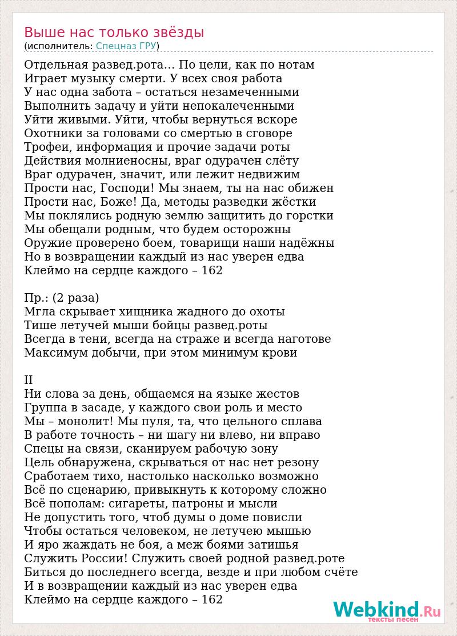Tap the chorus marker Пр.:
tap(36, 298)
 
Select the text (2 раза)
tap(76, 298)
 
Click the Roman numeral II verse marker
tap(29, 380)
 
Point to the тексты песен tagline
tap(393, 619)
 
